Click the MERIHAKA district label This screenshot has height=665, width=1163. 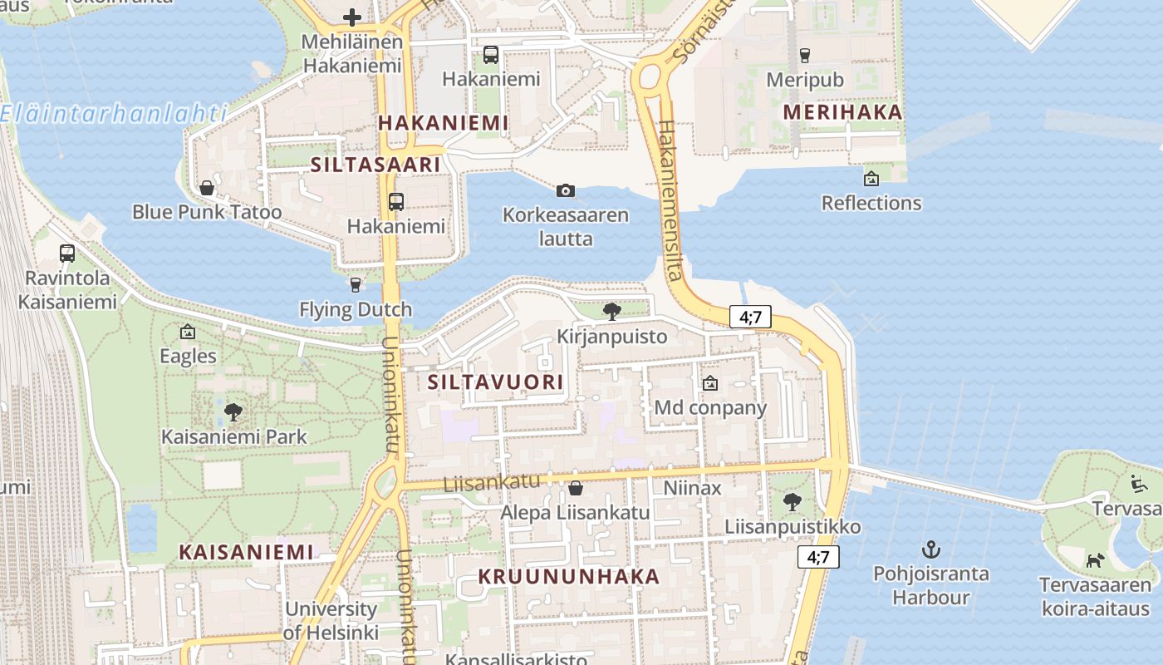[842, 112]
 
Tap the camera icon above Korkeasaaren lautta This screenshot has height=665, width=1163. [566, 191]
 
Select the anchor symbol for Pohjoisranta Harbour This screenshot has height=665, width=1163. [931, 549]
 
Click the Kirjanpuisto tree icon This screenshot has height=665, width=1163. [612, 312]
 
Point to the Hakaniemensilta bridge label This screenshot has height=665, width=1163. [670, 199]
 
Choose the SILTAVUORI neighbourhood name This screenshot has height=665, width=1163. [495, 382]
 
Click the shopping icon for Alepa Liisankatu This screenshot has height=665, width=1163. [575, 488]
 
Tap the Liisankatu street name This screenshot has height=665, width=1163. [491, 482]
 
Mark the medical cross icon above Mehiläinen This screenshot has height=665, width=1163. [352, 17]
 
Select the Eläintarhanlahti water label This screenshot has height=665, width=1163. [114, 113]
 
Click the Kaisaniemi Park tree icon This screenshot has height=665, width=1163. [233, 411]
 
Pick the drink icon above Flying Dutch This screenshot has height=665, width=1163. [356, 285]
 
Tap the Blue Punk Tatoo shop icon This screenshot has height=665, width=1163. [207, 188]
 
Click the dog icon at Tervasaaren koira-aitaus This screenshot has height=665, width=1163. [1095, 560]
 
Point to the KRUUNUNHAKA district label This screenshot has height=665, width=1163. [569, 576]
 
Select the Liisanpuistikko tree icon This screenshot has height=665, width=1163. [793, 502]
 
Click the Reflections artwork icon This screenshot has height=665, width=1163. [871, 178]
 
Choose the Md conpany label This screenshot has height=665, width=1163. [710, 408]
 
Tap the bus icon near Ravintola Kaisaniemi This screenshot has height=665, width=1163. [67, 253]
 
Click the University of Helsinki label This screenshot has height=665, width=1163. [331, 620]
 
